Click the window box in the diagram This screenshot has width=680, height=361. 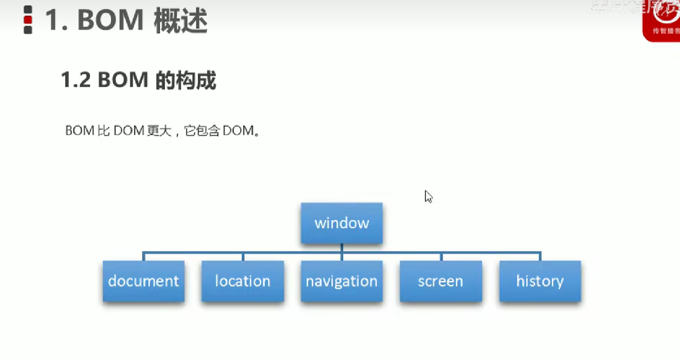coord(341,223)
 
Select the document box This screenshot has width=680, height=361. coord(144,281)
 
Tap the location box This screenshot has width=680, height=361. coord(242,281)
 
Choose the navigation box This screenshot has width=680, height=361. coord(341,281)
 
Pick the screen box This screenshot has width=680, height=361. coord(440,281)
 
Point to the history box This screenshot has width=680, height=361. coord(540,281)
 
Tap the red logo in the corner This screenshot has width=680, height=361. coord(662,21)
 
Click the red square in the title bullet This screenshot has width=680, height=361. coord(28,20)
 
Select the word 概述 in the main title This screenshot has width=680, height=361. coord(180,21)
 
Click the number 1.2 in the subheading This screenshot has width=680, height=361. coord(76,81)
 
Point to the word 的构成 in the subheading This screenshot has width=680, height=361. coord(186,81)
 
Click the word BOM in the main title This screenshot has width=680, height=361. coord(111,21)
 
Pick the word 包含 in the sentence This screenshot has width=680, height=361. coord(206,131)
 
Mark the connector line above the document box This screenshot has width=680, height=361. coord(144,256)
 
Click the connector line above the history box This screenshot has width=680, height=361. coord(540,256)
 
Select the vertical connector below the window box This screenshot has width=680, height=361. coord(341,248)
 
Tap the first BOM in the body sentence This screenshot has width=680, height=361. coord(80,131)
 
